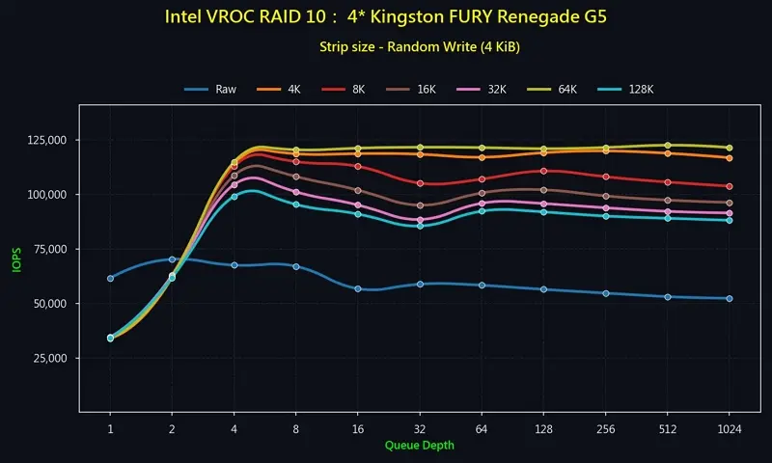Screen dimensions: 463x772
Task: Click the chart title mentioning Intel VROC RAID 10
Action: tap(386, 17)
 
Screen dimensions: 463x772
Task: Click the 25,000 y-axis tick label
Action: tap(50, 359)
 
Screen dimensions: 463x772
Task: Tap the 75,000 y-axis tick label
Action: tap(50, 250)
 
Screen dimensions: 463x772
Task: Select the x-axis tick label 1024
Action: tap(729, 428)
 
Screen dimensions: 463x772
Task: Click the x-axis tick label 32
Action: tap(420, 428)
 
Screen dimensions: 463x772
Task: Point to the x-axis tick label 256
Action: tap(605, 428)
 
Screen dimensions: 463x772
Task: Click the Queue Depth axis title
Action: tap(419, 446)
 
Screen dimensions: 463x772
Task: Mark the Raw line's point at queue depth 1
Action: tap(110, 278)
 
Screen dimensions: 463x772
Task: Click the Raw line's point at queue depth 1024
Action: tap(729, 298)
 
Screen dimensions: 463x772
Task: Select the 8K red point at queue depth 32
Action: tap(420, 183)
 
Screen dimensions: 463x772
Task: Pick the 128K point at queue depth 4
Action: tap(234, 197)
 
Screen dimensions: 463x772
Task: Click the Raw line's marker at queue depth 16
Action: tap(358, 288)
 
